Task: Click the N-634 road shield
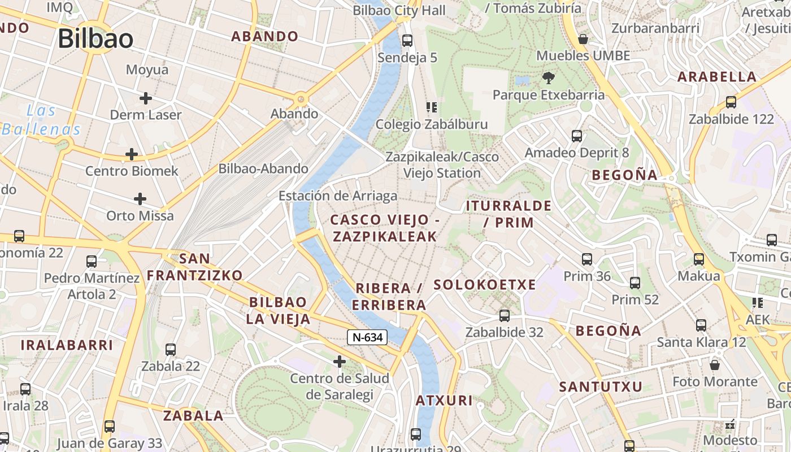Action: coord(367,337)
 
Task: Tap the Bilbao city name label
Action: coord(95,38)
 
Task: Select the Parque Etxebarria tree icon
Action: coord(547,78)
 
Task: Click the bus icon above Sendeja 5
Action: coord(407,41)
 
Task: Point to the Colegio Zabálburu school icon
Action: coord(432,107)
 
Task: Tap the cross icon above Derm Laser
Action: coord(146,98)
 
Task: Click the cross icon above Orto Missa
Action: coord(140,199)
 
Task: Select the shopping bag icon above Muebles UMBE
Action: coord(583,39)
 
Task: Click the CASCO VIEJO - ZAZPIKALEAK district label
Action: coord(385,228)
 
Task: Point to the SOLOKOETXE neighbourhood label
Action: coord(485,285)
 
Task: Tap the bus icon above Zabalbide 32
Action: coord(504,316)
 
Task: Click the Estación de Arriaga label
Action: coord(338,196)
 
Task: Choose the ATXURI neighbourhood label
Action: coord(444,401)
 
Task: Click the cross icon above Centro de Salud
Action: coord(339,361)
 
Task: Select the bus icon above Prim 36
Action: coord(587,259)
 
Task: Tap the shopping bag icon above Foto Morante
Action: coord(715,364)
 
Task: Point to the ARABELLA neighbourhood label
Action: coord(716,77)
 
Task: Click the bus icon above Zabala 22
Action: coord(170,350)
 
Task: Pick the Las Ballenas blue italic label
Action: coord(42,119)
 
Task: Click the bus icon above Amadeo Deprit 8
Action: coord(576,136)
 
